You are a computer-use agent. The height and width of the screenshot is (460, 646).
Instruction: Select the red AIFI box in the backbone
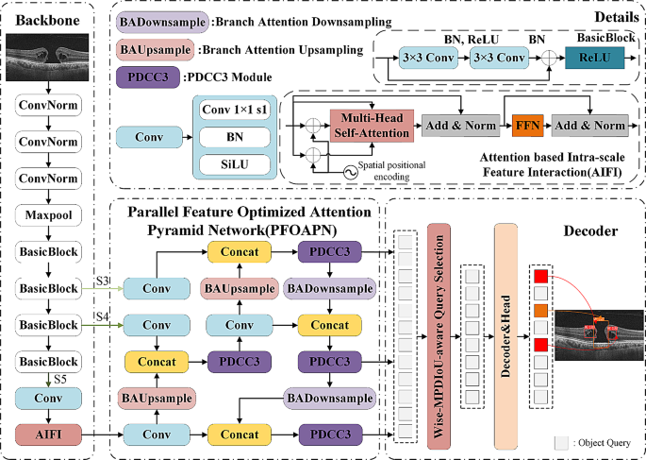tap(46, 435)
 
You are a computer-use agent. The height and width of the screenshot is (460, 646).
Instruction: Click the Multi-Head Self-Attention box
tap(371, 125)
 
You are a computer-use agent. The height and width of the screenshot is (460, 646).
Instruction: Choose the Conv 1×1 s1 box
tap(232, 111)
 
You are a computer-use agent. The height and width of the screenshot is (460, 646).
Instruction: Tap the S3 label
tap(105, 281)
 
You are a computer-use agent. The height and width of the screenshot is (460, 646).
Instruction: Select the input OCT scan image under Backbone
tap(46, 59)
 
